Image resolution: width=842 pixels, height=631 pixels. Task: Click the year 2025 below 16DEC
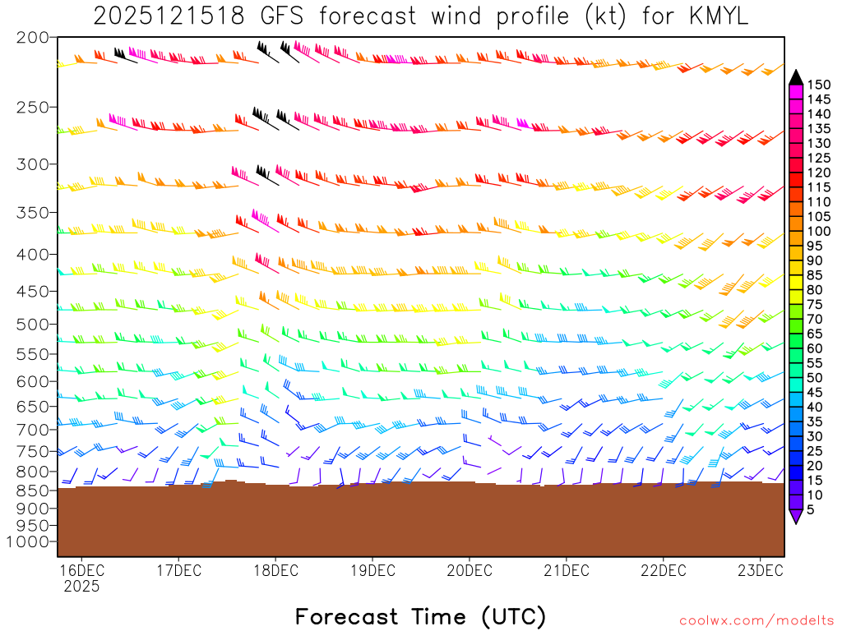pyautogui.click(x=81, y=587)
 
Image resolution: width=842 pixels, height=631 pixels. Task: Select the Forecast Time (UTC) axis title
pyautogui.click(x=420, y=616)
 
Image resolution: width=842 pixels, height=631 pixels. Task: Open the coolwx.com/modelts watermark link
pyautogui.click(x=756, y=620)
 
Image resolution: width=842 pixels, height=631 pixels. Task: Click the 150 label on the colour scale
pyautogui.click(x=819, y=85)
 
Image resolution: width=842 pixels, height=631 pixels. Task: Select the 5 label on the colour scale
pyautogui.click(x=812, y=510)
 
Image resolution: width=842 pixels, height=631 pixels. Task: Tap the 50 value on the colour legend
pyautogui.click(x=816, y=377)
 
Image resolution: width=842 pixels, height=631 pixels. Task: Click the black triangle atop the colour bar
pyautogui.click(x=796, y=77)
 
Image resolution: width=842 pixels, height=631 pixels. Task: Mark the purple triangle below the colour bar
pyautogui.click(x=796, y=517)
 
